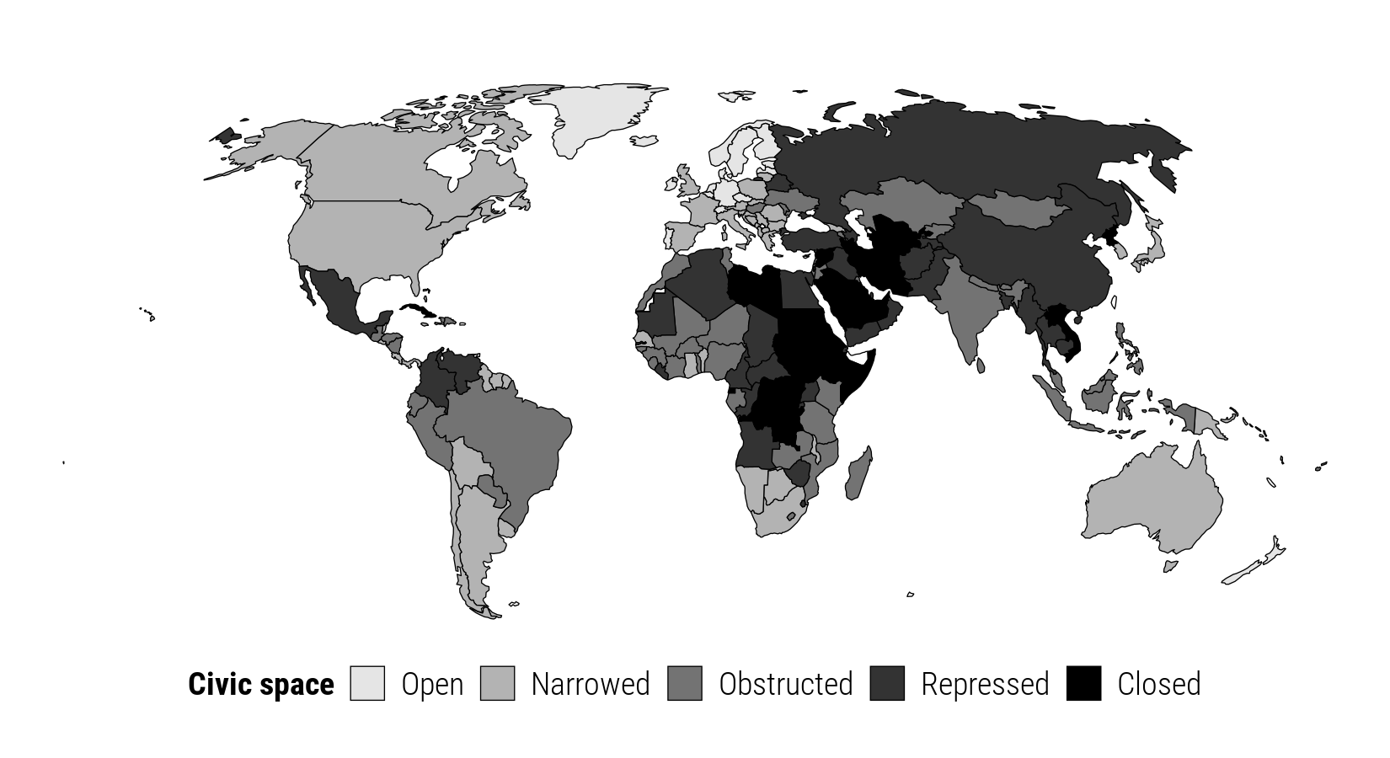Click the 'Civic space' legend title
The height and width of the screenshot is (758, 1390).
click(x=261, y=684)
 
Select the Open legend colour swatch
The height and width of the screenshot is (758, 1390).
click(x=367, y=683)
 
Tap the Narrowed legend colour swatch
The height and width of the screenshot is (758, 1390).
click(x=497, y=683)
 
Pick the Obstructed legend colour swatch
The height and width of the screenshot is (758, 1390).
click(x=685, y=683)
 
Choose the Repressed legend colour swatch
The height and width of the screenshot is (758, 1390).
click(x=887, y=683)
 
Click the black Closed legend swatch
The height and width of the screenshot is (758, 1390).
click(x=1083, y=683)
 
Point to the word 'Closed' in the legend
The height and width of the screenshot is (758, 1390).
click(x=1158, y=684)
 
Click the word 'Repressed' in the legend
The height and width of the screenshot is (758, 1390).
click(x=985, y=684)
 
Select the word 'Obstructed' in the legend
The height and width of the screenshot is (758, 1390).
click(x=785, y=684)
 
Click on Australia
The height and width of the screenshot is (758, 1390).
click(x=1154, y=497)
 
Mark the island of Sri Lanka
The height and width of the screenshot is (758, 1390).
click(x=981, y=366)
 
